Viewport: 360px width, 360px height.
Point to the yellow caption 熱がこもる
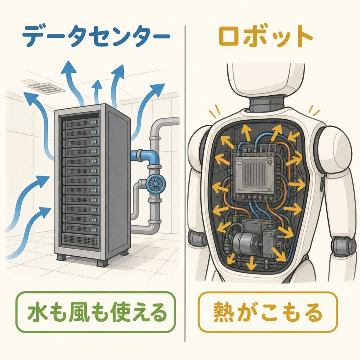pos(267,313)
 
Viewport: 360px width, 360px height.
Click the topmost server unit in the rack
pos(81,123)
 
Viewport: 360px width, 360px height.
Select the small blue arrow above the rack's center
pos(97,92)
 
